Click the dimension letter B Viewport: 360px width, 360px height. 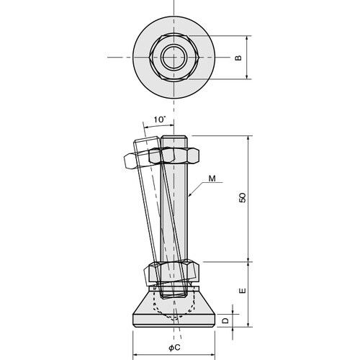point(238,58)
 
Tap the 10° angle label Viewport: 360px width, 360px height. point(160,120)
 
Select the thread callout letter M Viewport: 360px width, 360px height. point(212,179)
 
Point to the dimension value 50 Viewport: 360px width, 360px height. point(243,197)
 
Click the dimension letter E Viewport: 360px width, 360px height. point(243,291)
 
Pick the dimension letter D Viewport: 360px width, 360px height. point(225,320)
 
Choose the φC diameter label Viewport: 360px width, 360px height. point(174,348)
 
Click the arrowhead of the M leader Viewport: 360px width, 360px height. point(189,195)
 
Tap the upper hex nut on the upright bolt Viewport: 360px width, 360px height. point(174,156)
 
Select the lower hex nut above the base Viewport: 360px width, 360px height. point(174,271)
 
